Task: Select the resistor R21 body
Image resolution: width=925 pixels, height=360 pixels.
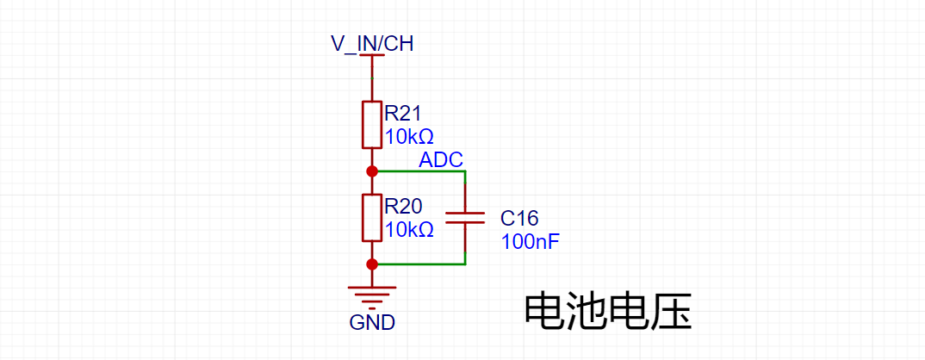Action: click(372, 124)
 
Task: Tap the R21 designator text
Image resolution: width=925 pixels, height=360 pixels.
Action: click(404, 113)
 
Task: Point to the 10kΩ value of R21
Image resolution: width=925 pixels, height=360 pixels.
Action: click(409, 137)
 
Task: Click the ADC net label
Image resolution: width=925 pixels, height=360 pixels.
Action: click(441, 160)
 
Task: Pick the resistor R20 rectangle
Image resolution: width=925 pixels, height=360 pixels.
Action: click(372, 218)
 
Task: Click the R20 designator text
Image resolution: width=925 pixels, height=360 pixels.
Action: click(404, 206)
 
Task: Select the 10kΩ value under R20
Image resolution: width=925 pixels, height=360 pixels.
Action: click(409, 229)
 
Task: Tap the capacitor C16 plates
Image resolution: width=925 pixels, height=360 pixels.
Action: click(465, 218)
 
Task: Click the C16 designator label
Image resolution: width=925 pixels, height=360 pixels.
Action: click(519, 219)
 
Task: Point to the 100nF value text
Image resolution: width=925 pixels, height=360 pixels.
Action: click(529, 242)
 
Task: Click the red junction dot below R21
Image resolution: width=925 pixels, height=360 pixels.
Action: click(372, 171)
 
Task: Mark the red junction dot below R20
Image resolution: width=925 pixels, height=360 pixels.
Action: click(372, 264)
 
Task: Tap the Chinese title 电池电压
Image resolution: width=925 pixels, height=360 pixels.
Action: click(607, 311)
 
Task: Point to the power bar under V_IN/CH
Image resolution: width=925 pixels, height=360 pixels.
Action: click(372, 55)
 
